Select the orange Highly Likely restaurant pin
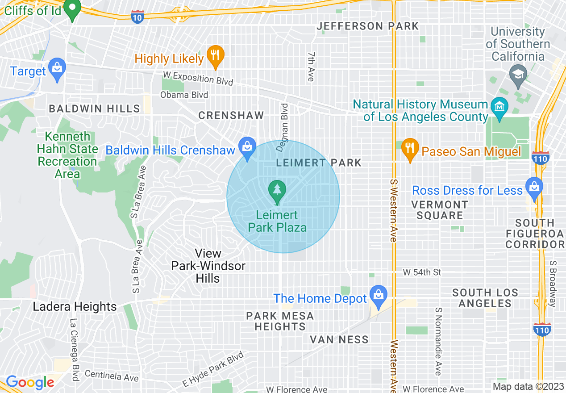[216, 56]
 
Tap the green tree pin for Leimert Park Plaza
[277, 191]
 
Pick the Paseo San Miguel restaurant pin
[409, 149]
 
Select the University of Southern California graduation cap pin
[518, 73]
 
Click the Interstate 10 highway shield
[137, 17]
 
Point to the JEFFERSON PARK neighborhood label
[368, 26]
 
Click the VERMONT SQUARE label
[440, 210]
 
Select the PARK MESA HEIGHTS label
[280, 321]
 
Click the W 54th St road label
[422, 272]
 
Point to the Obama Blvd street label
[184, 95]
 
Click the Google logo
[30, 382]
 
